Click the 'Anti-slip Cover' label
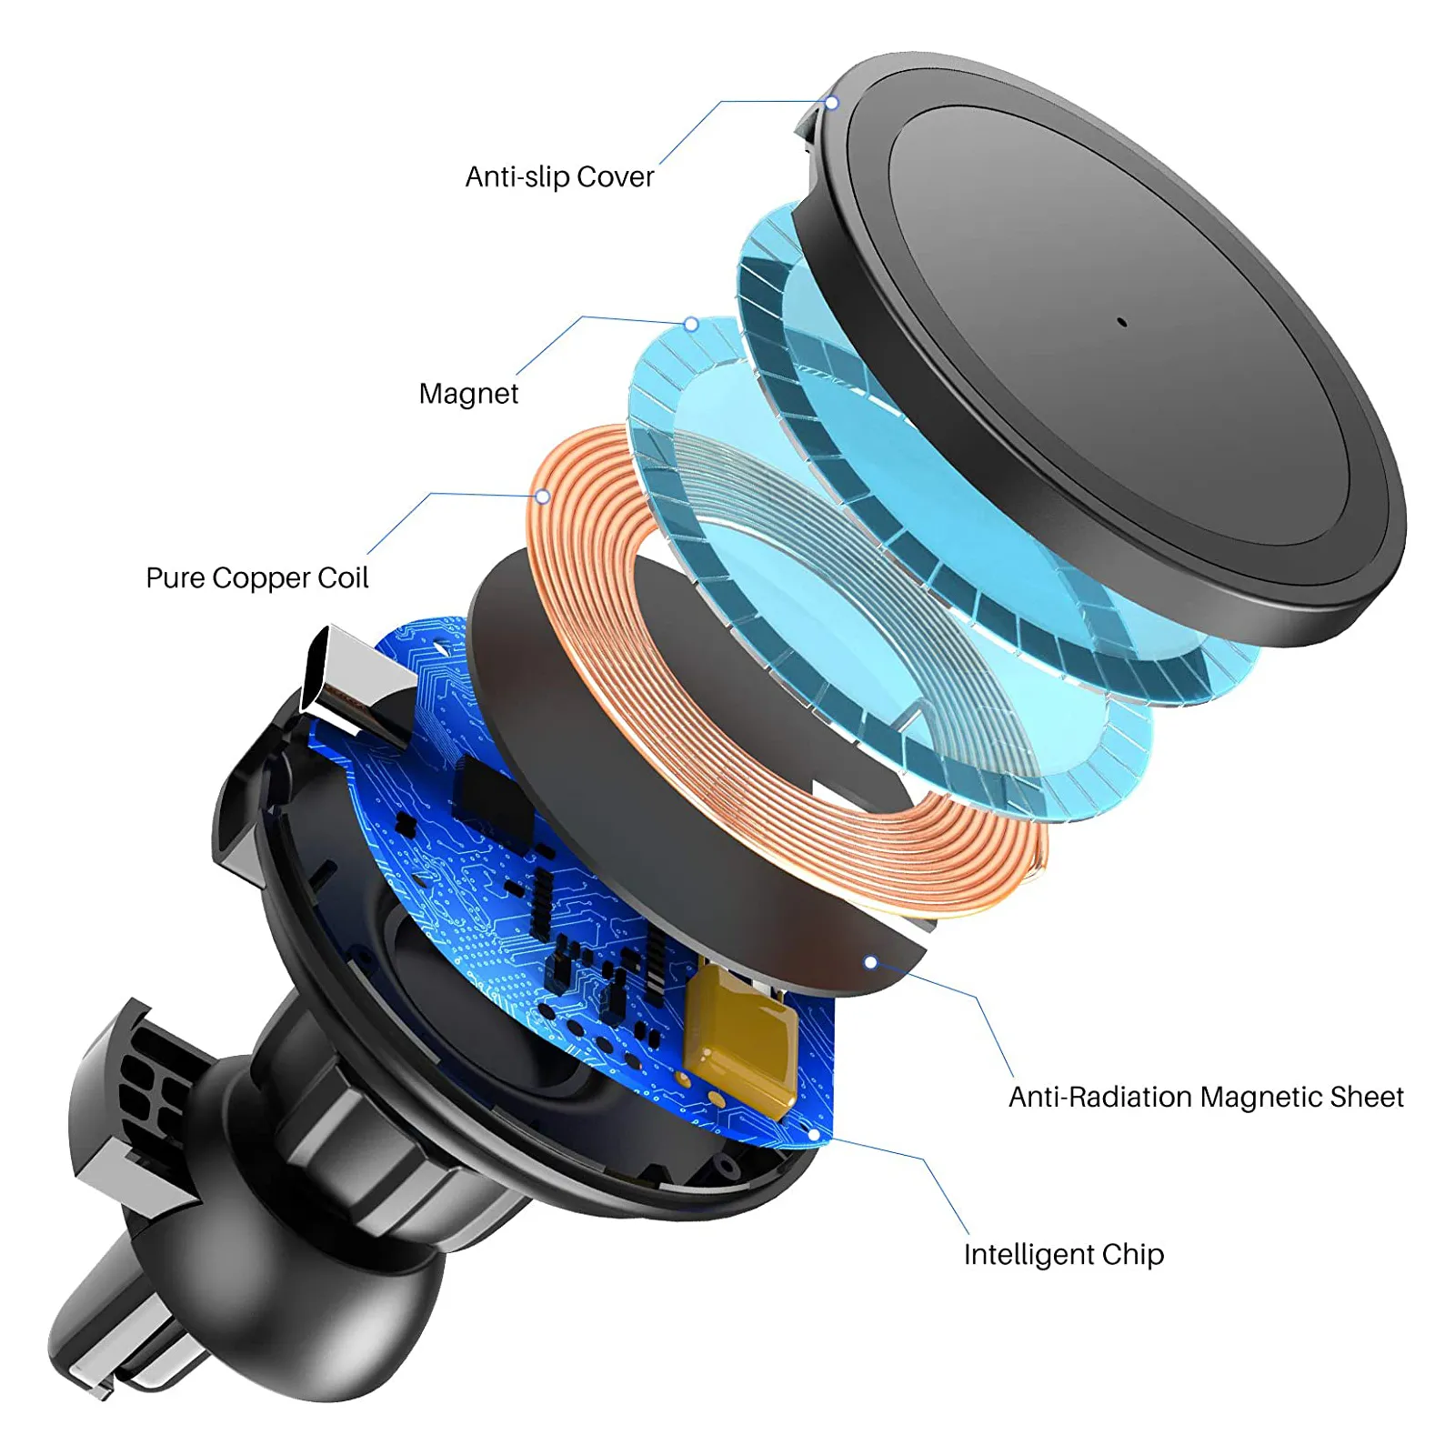pyautogui.click(x=559, y=176)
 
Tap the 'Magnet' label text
pyautogui.click(x=468, y=394)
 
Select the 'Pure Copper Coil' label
pyautogui.click(x=257, y=578)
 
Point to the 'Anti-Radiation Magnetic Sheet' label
pyautogui.click(x=1206, y=1097)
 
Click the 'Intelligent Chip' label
pyautogui.click(x=1064, y=1255)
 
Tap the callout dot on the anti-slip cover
pyautogui.click(x=831, y=103)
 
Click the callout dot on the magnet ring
pyautogui.click(x=691, y=324)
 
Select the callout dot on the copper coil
pyautogui.click(x=543, y=497)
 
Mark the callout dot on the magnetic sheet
pyautogui.click(x=870, y=962)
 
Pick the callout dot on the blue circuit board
pyautogui.click(x=814, y=1135)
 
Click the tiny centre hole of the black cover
pyautogui.click(x=1121, y=322)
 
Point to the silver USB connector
pyautogui.click(x=355, y=682)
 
